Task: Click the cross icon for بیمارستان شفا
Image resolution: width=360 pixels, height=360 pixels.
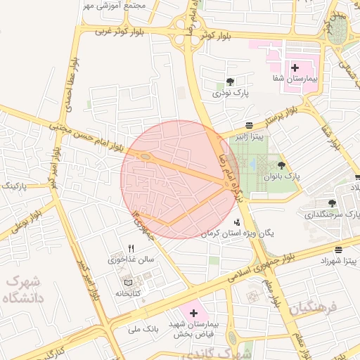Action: coord(295,68)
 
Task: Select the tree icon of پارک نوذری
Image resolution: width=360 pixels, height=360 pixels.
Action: coord(231,82)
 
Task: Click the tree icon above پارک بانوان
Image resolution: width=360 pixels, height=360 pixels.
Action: coord(282,165)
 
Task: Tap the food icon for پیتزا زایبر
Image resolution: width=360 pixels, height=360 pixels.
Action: coord(250,124)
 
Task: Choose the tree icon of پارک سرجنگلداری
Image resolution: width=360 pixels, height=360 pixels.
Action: coord(332,203)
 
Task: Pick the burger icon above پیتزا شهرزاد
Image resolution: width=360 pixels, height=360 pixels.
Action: coord(339,250)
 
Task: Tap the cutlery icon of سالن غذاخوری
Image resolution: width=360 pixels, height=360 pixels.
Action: coord(131,248)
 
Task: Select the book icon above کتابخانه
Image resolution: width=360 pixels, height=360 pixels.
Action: coord(127,282)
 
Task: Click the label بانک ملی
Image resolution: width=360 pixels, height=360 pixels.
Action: coord(145,328)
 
